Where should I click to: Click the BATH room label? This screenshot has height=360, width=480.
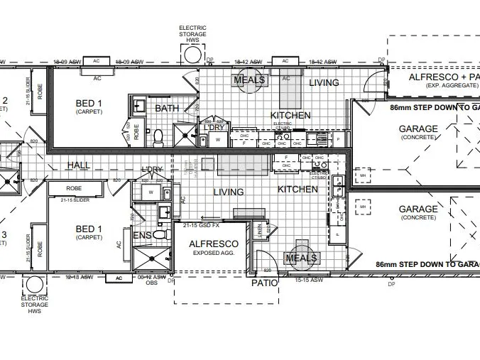pos(167,109)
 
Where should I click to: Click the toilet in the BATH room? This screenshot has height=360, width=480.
pos(159,134)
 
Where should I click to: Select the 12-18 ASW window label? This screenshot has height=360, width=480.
pos(80,276)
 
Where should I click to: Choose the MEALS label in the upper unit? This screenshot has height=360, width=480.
pos(251,80)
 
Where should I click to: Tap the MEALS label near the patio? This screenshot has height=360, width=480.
pos(301,258)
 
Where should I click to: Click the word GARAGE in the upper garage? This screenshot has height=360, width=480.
pos(418,129)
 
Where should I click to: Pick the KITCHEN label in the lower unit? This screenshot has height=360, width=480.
pos(297,190)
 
